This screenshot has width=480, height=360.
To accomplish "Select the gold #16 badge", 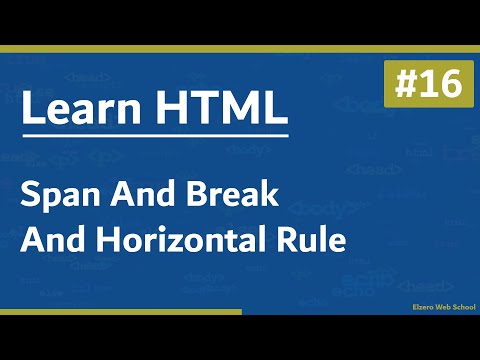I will click(x=423, y=85).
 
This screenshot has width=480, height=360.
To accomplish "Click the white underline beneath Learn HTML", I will click(x=155, y=134).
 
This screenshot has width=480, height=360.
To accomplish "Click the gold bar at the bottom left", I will click(x=120, y=312).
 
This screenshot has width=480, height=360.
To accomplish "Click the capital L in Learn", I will click(x=30, y=108).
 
